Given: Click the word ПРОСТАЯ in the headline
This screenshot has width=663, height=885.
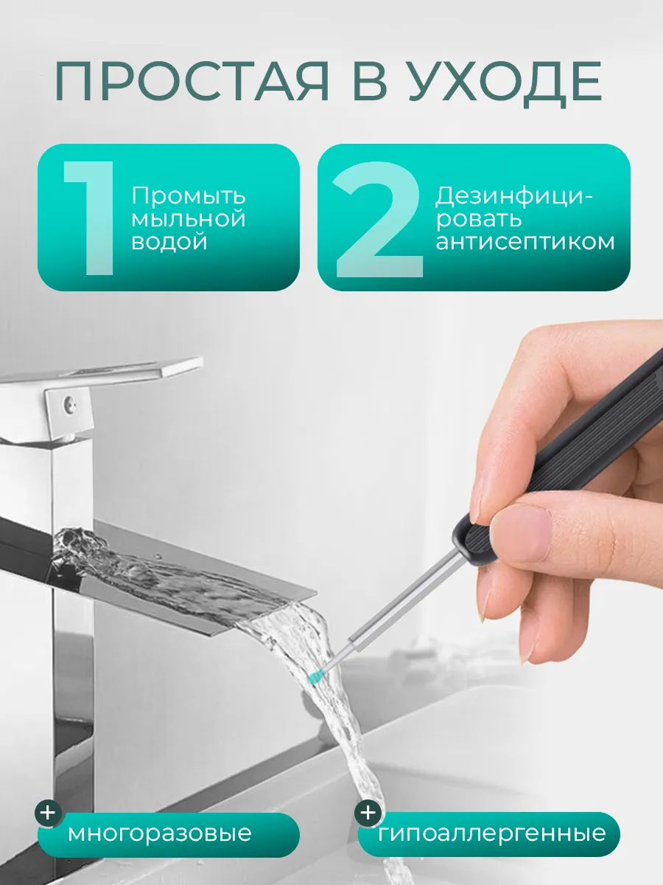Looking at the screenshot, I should (193, 83).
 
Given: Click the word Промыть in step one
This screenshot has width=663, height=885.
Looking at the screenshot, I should (189, 197).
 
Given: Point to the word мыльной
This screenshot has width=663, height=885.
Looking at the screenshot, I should (189, 219).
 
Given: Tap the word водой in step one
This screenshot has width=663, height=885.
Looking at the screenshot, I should (169, 242).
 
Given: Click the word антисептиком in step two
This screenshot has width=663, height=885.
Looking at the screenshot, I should (525, 242).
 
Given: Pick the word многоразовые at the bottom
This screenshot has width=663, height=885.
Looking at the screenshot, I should (160, 834).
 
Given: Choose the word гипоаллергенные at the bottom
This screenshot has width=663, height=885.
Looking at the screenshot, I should (492, 834).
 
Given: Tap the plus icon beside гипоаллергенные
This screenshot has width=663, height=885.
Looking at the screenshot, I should (368, 813).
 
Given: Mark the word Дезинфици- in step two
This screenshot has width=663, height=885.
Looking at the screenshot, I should (513, 197).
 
